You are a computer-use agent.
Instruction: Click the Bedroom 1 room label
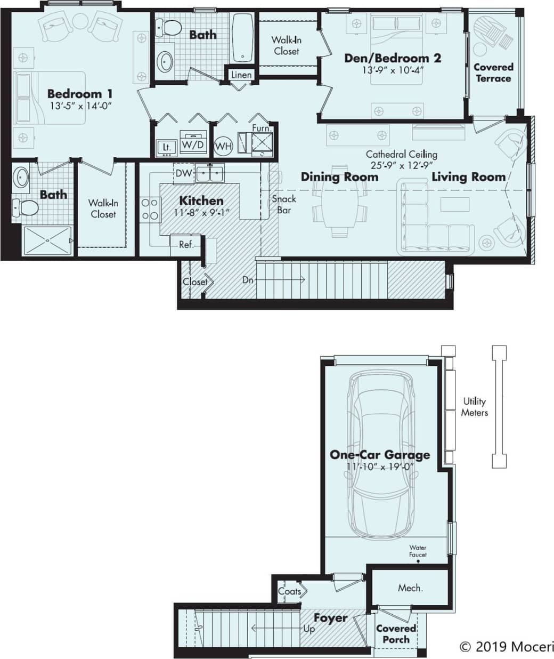79,94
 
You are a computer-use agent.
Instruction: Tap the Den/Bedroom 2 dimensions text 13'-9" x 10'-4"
393,70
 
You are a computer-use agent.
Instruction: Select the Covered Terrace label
493,73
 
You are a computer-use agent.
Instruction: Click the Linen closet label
241,75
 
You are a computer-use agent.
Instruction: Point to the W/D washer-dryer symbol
193,144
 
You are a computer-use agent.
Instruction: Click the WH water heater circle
224,146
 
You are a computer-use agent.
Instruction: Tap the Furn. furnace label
261,128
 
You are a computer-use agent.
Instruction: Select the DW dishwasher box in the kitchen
184,173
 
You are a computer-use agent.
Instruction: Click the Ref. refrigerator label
186,245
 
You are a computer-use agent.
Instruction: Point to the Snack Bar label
284,204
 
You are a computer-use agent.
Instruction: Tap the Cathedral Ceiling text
401,154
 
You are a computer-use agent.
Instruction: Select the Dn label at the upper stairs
248,279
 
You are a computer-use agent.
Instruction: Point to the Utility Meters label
474,407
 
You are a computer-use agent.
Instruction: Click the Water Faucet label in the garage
418,551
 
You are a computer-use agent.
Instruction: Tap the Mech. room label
410,588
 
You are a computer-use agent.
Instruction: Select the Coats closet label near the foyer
289,591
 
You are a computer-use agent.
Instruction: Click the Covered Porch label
396,634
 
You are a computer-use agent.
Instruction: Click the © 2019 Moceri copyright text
506,647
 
